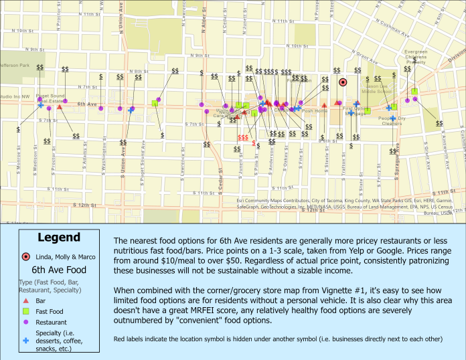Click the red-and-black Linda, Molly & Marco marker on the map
(343, 82)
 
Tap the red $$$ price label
(243, 137)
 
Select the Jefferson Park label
(15, 66)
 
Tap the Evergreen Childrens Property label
(416, 57)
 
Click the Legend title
(59, 238)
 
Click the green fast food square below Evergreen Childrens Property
(414, 91)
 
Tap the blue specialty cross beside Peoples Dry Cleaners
(388, 108)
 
